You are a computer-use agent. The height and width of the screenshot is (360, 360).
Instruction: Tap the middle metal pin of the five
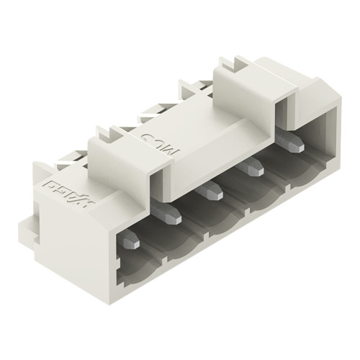(211, 192)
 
